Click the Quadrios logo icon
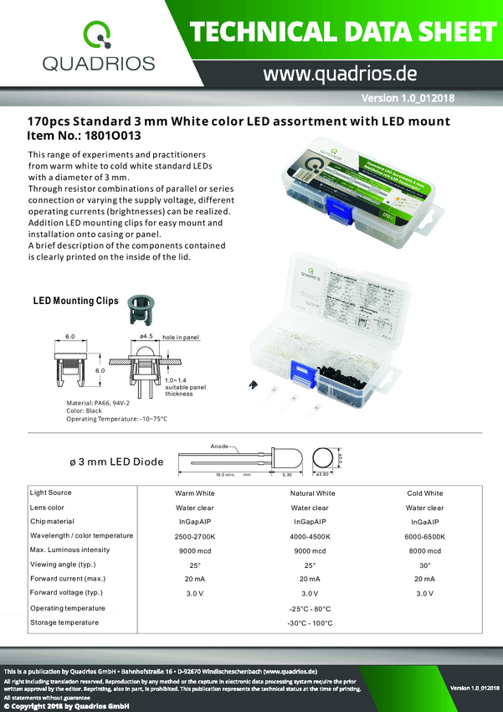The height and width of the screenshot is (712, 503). [x=98, y=35]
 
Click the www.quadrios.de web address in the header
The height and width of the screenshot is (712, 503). [x=340, y=74]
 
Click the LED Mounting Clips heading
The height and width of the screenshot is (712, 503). [x=75, y=301]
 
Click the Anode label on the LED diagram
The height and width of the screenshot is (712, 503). [x=219, y=446]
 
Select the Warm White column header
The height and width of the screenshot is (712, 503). [x=194, y=493]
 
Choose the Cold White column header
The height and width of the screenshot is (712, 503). [x=424, y=493]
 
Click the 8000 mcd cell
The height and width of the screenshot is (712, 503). [x=424, y=550]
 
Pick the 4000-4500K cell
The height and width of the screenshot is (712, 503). [x=313, y=536]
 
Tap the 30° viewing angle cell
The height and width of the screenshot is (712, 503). [x=424, y=565]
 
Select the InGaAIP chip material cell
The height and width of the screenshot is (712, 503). [x=424, y=522]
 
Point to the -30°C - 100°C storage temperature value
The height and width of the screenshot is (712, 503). [x=310, y=623]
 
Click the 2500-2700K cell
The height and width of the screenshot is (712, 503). [x=194, y=536]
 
